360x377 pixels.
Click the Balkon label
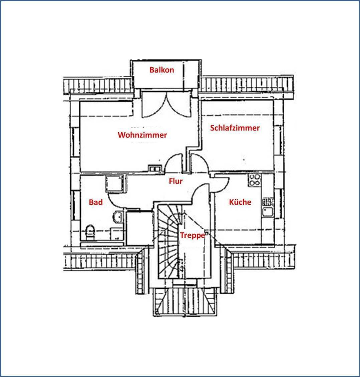coord(162,70)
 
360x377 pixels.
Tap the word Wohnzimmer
coord(142,135)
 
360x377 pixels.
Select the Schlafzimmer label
coord(235,128)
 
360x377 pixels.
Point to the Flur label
coord(176,181)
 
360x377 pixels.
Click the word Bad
coord(96,202)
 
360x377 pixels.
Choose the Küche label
coord(240,202)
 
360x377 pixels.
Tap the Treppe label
coord(193,235)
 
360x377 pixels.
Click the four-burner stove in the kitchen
coord(255,180)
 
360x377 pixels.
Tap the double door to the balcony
coord(166,104)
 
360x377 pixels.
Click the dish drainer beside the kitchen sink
coord(267,201)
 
